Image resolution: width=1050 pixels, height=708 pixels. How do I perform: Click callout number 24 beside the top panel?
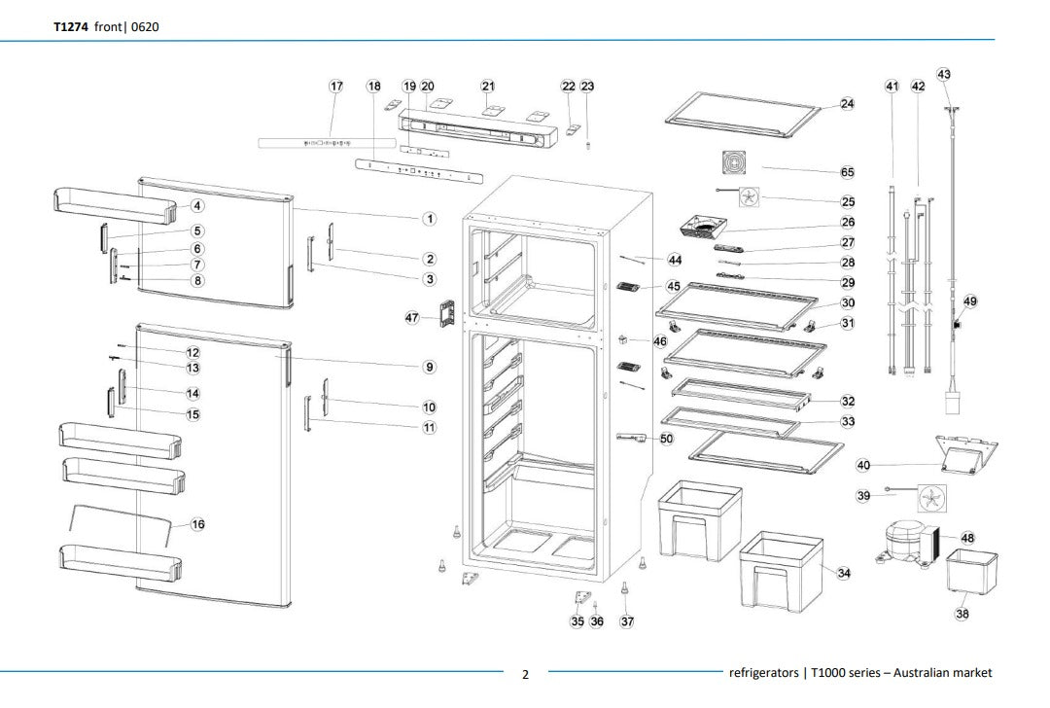point(847,104)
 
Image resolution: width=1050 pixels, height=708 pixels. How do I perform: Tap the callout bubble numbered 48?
point(967,538)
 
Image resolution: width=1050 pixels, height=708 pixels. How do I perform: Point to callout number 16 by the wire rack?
point(197,524)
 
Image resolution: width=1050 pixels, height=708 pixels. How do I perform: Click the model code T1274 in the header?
point(70,26)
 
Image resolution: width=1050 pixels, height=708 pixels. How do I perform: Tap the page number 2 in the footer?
point(526,674)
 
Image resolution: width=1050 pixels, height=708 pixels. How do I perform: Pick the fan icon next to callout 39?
point(930,499)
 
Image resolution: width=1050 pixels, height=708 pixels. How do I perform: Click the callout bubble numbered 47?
point(412,318)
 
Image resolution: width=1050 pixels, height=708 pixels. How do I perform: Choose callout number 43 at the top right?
point(944,75)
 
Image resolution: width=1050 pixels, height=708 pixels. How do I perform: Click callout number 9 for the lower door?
point(429,367)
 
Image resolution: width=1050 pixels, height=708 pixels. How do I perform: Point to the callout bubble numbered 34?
point(844,573)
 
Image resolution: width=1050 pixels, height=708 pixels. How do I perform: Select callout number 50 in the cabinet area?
point(666,439)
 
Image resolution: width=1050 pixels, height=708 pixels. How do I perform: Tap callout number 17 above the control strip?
point(336,87)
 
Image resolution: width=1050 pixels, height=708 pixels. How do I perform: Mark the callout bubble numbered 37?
point(627,621)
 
